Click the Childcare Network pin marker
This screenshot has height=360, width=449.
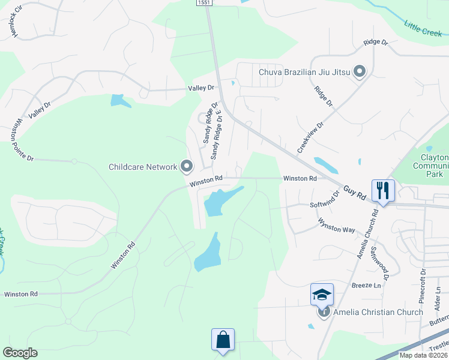(x=187, y=166)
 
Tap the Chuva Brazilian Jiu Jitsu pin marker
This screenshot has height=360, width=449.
(x=360, y=73)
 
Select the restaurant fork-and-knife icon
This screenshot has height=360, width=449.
(x=383, y=191)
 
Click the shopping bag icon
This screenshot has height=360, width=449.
(x=223, y=340)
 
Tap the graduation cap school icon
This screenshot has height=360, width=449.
(x=322, y=295)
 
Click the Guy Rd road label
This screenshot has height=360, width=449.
(x=355, y=193)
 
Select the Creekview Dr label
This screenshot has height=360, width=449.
(x=310, y=138)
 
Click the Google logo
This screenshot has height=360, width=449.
(x=20, y=353)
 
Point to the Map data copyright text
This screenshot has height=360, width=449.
(x=423, y=355)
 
